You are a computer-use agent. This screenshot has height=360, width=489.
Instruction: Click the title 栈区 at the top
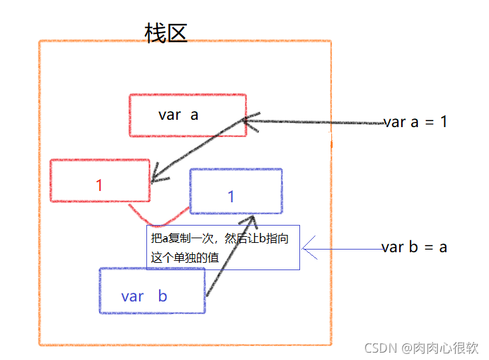coord(166,33)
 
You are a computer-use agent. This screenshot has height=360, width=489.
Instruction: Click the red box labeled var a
coord(188,115)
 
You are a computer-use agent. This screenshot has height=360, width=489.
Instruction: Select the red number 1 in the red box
coord(99,185)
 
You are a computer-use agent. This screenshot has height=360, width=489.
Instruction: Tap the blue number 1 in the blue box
coord(232,196)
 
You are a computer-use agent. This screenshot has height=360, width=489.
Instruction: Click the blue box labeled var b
coord(152,291)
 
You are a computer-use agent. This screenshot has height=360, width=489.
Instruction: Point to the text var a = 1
coord(415,122)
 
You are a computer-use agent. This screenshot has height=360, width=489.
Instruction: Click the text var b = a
coord(414,248)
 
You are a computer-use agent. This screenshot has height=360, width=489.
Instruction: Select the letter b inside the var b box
coord(163,296)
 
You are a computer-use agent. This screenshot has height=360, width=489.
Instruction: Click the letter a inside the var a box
coord(194,114)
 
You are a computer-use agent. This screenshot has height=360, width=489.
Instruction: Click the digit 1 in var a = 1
coord(443,122)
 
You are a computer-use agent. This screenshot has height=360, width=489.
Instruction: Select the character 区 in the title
coord(177,33)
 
